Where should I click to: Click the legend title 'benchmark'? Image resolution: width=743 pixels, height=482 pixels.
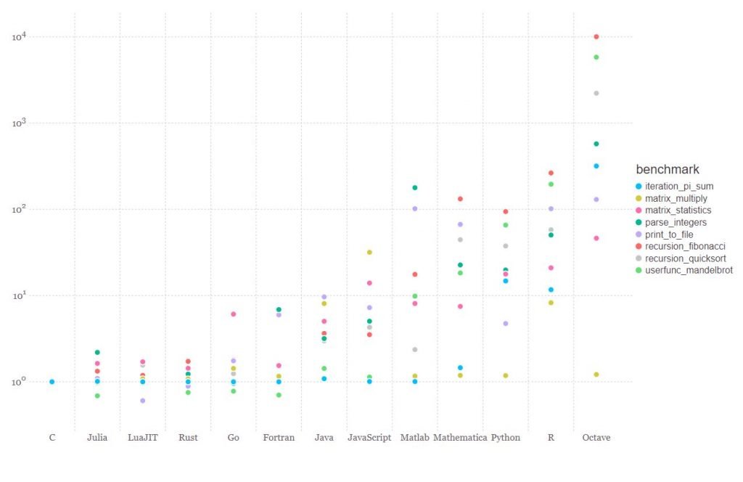pyautogui.click(x=667, y=169)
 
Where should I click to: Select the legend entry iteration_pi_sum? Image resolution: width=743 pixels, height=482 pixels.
pyautogui.click(x=679, y=187)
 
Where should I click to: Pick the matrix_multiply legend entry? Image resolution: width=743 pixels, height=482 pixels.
pyautogui.click(x=676, y=198)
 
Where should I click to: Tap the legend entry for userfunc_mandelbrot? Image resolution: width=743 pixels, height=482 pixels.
pyautogui.click(x=689, y=270)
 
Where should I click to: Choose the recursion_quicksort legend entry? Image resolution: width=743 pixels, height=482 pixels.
pyautogui.click(x=685, y=258)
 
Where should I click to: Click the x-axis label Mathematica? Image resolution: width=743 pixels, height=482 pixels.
pyautogui.click(x=460, y=438)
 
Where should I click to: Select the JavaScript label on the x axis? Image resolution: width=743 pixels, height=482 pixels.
pyautogui.click(x=369, y=438)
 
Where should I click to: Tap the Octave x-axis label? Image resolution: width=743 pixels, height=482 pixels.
pyautogui.click(x=596, y=438)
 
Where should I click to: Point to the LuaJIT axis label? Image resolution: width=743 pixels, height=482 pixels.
pyautogui.click(x=142, y=438)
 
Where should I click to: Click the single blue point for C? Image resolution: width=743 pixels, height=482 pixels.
pyautogui.click(x=52, y=382)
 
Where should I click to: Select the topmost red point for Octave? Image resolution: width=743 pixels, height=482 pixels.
pyautogui.click(x=596, y=36)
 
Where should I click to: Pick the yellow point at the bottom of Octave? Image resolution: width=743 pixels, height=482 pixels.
pyautogui.click(x=596, y=375)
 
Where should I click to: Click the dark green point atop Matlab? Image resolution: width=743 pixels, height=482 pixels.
pyautogui.click(x=415, y=188)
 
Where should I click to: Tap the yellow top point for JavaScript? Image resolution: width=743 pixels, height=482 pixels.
pyautogui.click(x=369, y=253)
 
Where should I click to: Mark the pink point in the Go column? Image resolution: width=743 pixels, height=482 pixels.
pyautogui.click(x=234, y=314)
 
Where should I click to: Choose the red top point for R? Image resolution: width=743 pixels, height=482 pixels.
pyautogui.click(x=551, y=173)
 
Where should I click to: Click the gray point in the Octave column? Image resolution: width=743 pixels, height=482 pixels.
pyautogui.click(x=596, y=93)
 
